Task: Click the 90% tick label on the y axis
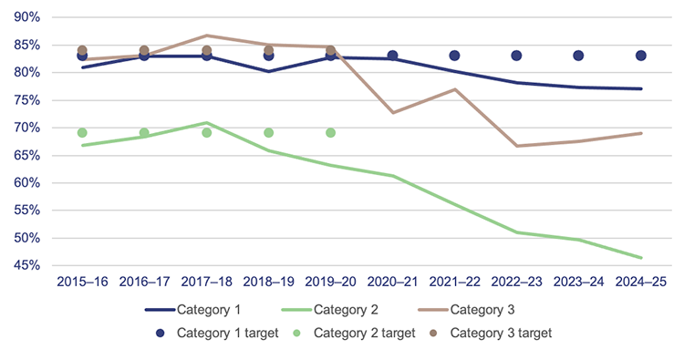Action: pyautogui.click(x=23, y=17)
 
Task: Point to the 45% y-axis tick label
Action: pyautogui.click(x=23, y=266)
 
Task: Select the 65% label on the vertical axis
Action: pyautogui.click(x=23, y=156)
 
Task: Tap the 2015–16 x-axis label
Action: pyautogui.click(x=82, y=283)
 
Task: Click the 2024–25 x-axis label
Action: pyautogui.click(x=640, y=283)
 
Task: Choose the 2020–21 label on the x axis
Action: pyautogui.click(x=392, y=283)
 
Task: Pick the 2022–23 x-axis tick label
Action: pyautogui.click(x=516, y=283)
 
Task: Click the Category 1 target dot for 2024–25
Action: pyautogui.click(x=640, y=56)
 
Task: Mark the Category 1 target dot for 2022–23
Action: pyautogui.click(x=516, y=56)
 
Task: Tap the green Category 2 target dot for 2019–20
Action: pyautogui.click(x=330, y=133)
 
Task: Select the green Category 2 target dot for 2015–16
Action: pyautogui.click(x=82, y=133)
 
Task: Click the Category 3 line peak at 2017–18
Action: pyautogui.click(x=206, y=36)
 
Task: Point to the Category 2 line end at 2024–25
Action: pyautogui.click(x=640, y=257)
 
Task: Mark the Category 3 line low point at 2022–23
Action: pyautogui.click(x=516, y=146)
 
